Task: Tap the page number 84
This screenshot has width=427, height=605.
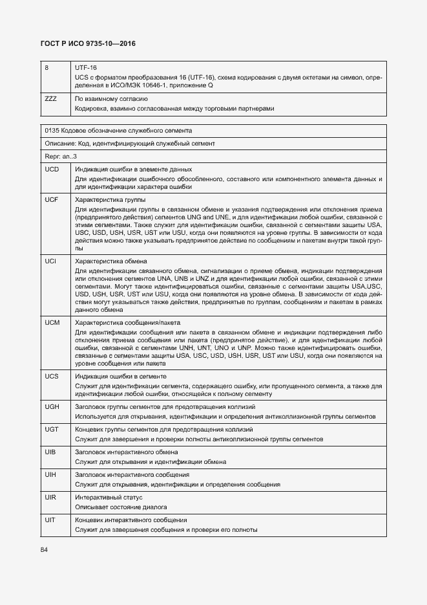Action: (44, 549)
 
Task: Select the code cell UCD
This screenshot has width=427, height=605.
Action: (52, 169)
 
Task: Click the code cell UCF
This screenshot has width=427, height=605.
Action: (52, 200)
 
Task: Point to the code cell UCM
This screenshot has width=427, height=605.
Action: (53, 322)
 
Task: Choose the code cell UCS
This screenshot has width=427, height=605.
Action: (52, 376)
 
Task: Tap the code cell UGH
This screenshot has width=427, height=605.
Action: (53, 407)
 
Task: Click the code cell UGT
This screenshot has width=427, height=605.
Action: (52, 430)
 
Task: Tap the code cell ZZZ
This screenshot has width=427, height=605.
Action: (51, 99)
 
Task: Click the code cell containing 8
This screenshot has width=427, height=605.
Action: (47, 67)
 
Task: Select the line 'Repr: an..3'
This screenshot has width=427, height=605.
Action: (61, 156)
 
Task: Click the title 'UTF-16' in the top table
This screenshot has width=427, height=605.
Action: (86, 67)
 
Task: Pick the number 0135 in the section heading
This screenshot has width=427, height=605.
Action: (53, 130)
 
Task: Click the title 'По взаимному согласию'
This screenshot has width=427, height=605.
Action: (107, 99)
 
